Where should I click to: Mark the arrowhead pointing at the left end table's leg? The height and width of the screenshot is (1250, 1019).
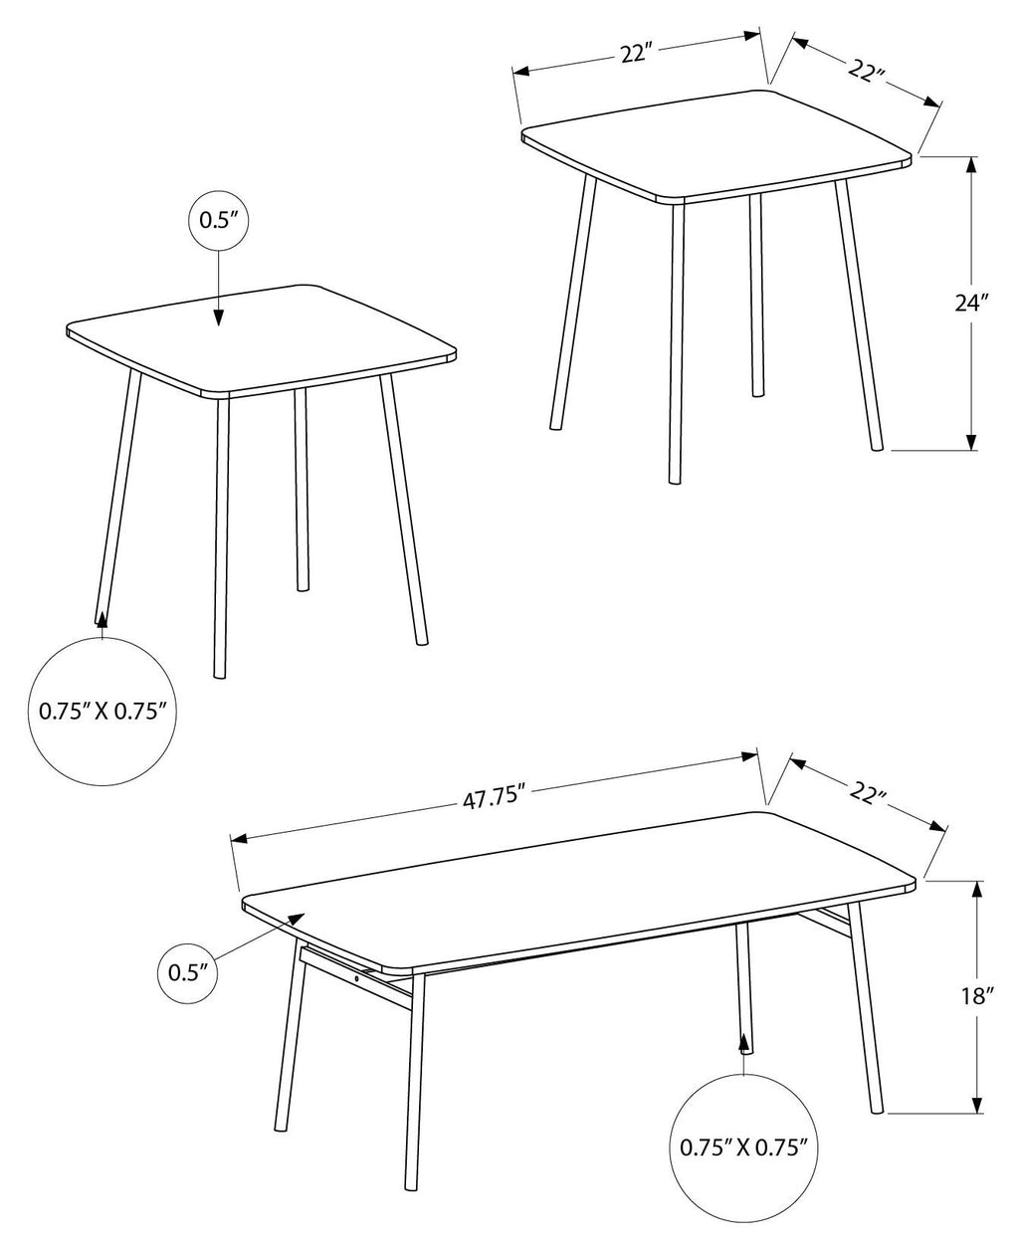(102, 620)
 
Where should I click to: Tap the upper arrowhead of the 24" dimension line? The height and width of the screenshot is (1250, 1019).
(971, 165)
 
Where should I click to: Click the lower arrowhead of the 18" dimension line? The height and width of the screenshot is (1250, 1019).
(977, 1104)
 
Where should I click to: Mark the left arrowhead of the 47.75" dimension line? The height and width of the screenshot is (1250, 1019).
(240, 838)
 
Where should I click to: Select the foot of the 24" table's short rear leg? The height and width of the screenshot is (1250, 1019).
(757, 392)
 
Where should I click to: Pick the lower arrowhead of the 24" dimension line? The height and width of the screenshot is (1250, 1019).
(971, 441)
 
